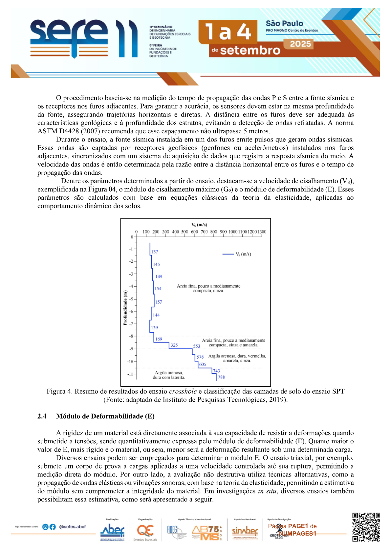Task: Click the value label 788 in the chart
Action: (x=221, y=377)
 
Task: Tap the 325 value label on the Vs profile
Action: (x=174, y=345)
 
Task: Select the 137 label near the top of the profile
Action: (x=155, y=252)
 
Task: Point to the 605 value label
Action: (x=203, y=364)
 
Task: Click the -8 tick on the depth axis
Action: (x=131, y=336)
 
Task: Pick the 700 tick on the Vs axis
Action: (x=204, y=232)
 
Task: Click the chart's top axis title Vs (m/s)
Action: (x=199, y=225)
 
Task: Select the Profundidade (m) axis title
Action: (x=125, y=308)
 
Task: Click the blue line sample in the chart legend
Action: (x=228, y=254)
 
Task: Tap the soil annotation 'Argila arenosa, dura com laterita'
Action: (x=169, y=375)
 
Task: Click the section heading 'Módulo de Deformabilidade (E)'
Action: (x=105, y=416)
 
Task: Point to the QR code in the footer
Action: (x=366, y=527)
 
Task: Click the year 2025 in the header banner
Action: (x=300, y=44)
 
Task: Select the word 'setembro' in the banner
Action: (x=250, y=51)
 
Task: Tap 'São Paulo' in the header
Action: (x=284, y=23)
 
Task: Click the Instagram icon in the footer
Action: (x=46, y=527)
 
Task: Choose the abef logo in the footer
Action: (x=112, y=530)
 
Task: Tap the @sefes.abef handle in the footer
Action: (x=73, y=527)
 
